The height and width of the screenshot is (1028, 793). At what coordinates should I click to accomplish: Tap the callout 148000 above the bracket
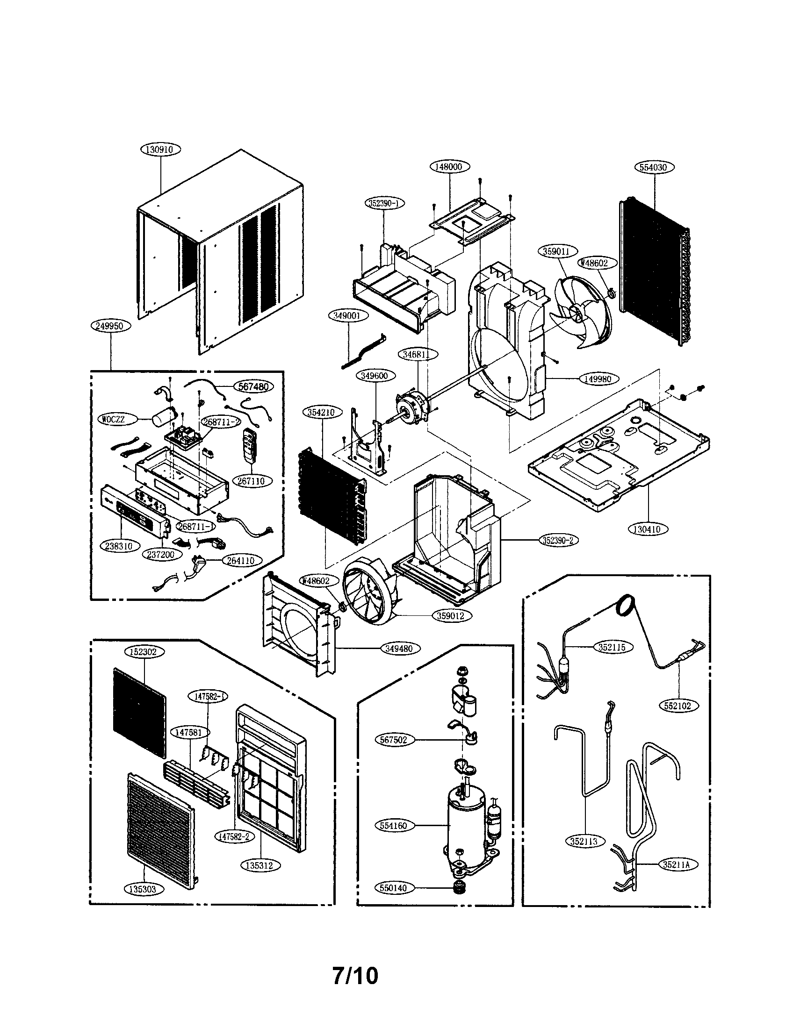(449, 166)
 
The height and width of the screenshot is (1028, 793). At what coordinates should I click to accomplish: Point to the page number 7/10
(355, 973)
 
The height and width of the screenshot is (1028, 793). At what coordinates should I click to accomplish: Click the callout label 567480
(253, 386)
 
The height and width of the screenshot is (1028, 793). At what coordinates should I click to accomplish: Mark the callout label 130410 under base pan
(648, 528)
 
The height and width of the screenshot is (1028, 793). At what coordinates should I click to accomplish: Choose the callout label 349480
(399, 648)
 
